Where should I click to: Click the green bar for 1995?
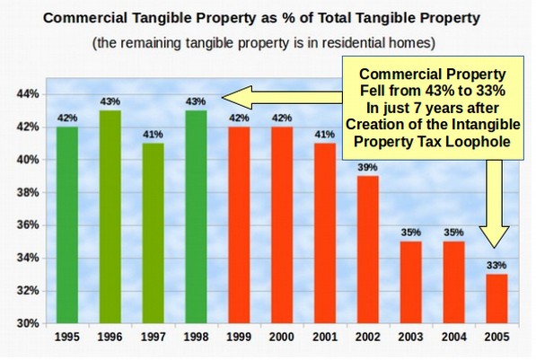(x=67, y=225)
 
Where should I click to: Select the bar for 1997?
(x=153, y=233)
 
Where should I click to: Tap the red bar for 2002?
(x=368, y=250)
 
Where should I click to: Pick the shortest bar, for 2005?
(x=496, y=299)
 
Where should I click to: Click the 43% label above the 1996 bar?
(x=110, y=101)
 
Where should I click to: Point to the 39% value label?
(x=368, y=167)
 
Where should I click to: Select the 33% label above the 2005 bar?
(x=496, y=266)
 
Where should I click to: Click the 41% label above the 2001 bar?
(x=325, y=135)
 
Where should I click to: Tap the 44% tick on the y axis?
(x=28, y=94)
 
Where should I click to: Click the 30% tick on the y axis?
(x=28, y=323)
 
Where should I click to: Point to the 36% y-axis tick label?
(x=28, y=225)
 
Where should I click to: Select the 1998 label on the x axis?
(x=196, y=337)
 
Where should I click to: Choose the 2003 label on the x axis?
(x=410, y=337)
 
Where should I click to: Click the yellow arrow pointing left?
(x=282, y=98)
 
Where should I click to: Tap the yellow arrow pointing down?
(x=495, y=204)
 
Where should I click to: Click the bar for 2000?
(x=282, y=225)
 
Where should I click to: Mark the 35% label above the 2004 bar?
(x=453, y=233)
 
